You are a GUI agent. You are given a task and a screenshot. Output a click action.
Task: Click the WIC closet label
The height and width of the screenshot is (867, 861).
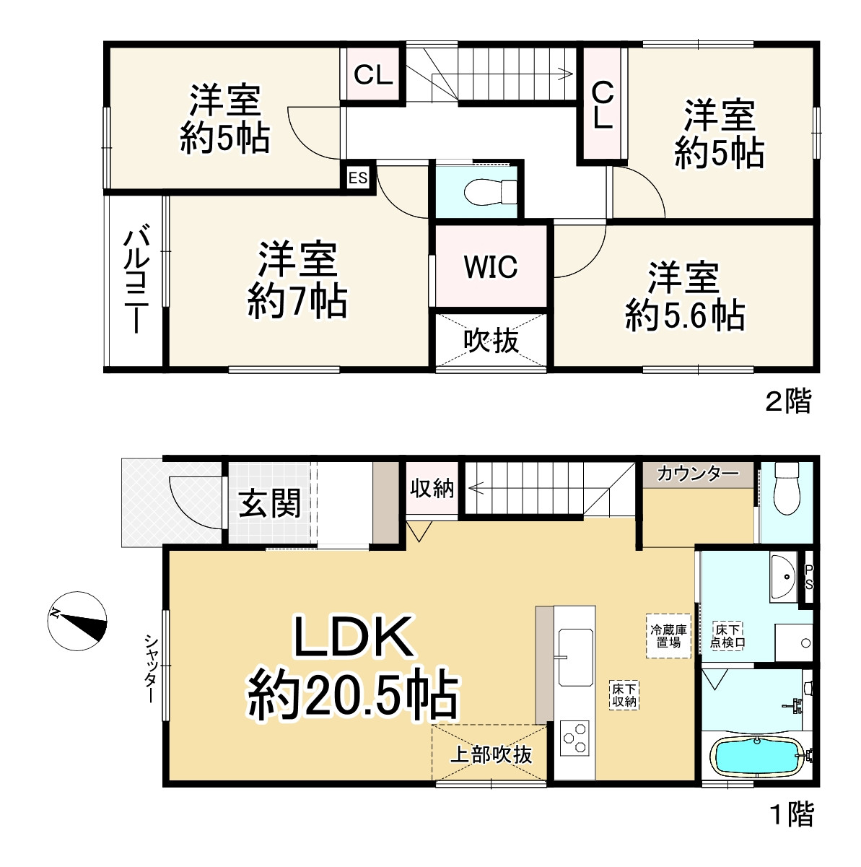pos(491,266)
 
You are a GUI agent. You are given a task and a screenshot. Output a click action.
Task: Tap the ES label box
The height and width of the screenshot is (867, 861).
pos(358,178)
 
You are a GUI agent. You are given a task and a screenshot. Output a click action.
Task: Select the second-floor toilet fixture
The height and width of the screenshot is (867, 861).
pos(490,192)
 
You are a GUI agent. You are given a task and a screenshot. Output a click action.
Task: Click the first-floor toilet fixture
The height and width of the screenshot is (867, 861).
pos(787,488)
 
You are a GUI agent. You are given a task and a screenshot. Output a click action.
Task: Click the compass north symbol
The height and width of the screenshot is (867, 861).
pos(77,621)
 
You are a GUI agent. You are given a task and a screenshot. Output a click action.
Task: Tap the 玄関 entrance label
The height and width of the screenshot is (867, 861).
pos(269,503)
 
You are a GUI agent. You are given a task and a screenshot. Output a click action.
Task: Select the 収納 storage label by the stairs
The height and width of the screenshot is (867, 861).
pos(432,488)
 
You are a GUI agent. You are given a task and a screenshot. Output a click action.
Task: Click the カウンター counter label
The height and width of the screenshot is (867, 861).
pos(698,474)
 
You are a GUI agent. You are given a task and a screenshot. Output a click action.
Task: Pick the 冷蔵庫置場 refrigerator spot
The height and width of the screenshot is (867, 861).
pos(668,636)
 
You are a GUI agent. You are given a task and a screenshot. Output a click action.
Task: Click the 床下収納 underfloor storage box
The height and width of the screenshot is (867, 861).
pos(624,695)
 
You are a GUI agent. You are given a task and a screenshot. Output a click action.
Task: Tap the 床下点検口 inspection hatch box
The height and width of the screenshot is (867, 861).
pos(727,635)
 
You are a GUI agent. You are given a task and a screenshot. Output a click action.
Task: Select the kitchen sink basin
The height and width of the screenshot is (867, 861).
pos(575,658)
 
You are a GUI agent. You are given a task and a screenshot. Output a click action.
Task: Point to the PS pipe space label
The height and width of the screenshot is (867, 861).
pos(809,578)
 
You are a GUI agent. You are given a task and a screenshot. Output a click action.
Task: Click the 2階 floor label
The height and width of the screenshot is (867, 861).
pos(789,401)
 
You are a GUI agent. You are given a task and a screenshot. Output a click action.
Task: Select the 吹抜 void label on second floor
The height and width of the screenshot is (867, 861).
pos(491,341)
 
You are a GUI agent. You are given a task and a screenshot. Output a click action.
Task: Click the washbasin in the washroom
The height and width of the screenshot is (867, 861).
pos(784,578)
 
